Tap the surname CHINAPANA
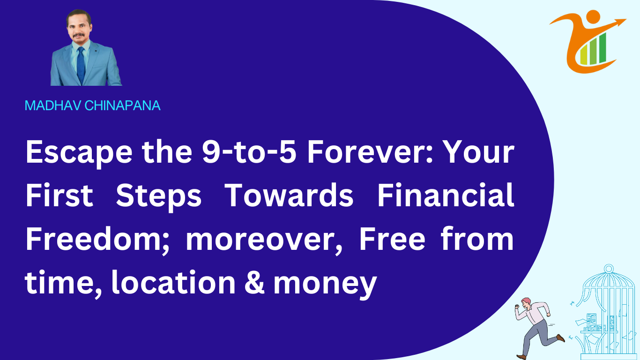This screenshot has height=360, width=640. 122,105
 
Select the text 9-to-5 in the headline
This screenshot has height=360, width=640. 249,152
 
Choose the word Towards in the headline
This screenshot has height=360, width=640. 289,195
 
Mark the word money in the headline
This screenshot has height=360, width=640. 325,285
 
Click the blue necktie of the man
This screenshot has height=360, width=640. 81,66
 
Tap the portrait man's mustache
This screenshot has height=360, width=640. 78,36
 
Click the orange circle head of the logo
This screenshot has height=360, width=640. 593,17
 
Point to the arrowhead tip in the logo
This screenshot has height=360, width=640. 626,19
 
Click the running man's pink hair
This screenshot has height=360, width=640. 526,301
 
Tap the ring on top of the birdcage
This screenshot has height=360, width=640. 609,269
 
